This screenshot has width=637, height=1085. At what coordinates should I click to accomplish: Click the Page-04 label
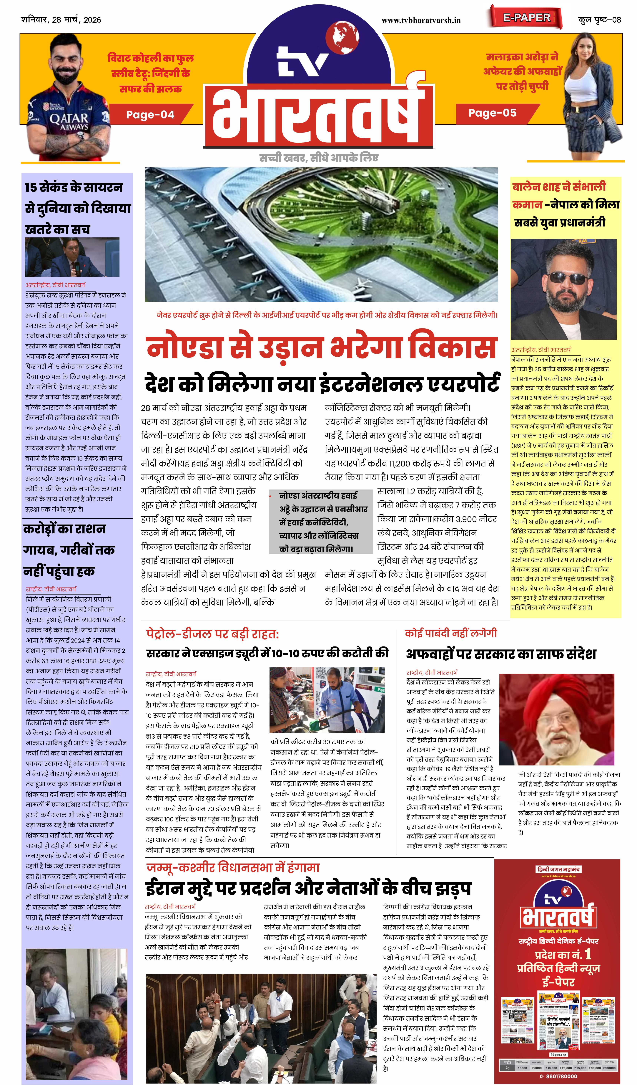tap(150, 115)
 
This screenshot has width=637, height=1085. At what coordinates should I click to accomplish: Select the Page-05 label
tap(492, 113)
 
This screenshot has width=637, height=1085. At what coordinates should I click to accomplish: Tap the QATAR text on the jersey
tap(69, 118)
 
